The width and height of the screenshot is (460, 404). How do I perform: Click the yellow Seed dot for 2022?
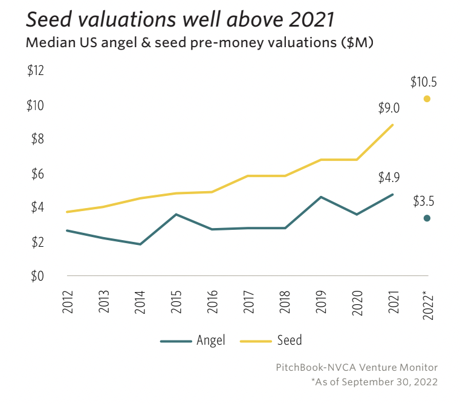427,99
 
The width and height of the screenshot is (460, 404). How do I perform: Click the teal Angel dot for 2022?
427,218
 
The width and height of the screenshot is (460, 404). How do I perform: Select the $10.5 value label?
423,81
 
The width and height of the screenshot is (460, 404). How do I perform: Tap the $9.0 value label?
389,108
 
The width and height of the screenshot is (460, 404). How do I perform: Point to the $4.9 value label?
389,178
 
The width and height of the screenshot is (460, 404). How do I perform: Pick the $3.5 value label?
423,201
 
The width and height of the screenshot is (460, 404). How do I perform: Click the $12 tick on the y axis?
36,71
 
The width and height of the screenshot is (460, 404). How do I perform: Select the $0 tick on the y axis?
37,276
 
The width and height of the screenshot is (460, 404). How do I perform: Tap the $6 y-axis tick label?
37,174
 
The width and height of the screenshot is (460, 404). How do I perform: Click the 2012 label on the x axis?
68,300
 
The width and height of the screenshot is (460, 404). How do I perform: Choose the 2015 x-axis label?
176,300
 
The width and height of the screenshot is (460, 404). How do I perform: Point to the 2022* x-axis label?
429,302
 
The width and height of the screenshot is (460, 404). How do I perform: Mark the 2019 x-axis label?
320,300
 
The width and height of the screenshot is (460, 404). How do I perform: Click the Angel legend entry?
193,340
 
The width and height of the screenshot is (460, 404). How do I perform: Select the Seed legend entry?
271,340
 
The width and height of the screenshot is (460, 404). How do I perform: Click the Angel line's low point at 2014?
140,244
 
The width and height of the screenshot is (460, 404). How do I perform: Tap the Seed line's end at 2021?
393,125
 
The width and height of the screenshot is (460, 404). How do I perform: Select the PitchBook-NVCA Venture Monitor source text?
356,367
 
